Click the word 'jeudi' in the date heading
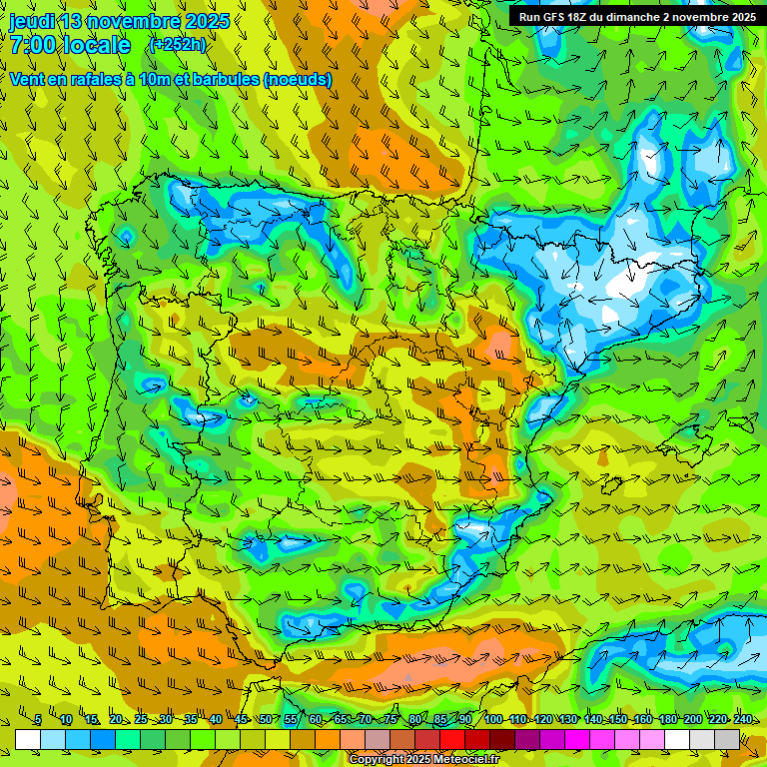tap(32, 22)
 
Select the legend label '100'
tap(493, 720)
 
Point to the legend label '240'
tap(743, 720)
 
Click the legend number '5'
tap(38, 720)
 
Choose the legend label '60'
tap(316, 720)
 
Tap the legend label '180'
tap(667, 720)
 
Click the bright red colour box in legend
tap(452, 739)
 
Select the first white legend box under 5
tap(28, 739)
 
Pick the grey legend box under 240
tap(727, 739)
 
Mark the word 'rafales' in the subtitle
tap(100, 79)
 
